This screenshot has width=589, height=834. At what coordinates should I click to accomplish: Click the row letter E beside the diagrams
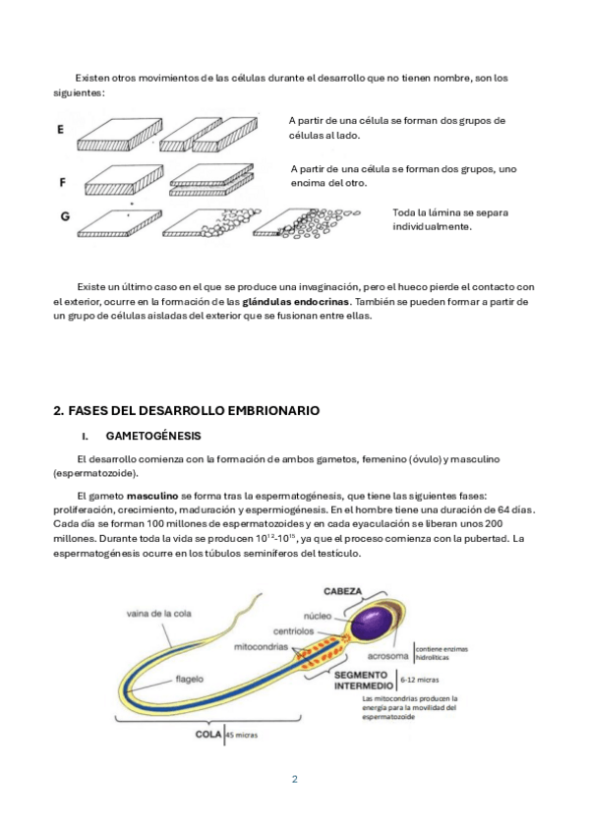pos(61,129)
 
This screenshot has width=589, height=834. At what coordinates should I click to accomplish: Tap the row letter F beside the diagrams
pos(62,183)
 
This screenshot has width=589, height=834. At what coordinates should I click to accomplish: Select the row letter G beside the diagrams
pos(65,216)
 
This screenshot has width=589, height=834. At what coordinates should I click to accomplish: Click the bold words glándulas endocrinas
pos(296,302)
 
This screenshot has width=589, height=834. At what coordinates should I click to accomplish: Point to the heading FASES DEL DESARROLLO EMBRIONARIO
pos(187,411)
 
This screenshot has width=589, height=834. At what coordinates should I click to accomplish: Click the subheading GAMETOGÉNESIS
pos(153,436)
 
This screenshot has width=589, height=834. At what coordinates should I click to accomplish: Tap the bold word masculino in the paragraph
pos(152,496)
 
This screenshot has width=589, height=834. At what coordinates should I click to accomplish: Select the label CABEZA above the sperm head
pos(343,591)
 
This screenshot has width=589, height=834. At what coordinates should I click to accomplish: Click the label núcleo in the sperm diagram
pos(318,616)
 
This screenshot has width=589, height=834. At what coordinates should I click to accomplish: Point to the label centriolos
pos(293,631)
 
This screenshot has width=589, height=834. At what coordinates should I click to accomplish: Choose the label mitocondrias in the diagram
pos(261,647)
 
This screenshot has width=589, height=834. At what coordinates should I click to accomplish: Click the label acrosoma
pos(388,656)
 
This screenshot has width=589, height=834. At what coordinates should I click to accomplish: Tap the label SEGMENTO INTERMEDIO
pos(363,681)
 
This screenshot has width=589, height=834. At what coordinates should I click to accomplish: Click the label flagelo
pos(190,680)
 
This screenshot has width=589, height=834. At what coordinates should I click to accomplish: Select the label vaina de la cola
pos(159,614)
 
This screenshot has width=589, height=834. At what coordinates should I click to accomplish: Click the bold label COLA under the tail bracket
pos(208,735)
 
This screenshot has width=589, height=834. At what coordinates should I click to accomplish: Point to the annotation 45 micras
pos(242,735)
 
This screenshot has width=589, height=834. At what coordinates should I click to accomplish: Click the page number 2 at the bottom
pos(295,779)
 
